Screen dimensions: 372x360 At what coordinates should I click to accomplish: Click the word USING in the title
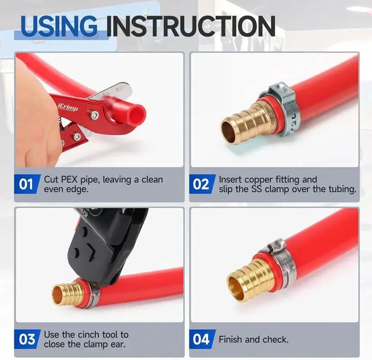[59, 26]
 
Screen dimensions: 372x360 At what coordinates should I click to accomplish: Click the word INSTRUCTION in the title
[191, 26]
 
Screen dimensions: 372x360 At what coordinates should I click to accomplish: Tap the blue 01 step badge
[27, 184]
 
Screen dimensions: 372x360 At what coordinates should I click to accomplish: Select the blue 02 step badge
[202, 184]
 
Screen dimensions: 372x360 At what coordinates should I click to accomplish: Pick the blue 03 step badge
[27, 339]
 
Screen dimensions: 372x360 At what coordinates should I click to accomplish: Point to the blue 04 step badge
[202, 339]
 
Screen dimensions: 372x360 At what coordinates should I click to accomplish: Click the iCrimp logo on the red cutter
[68, 107]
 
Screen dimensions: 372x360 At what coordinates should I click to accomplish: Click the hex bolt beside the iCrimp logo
[95, 115]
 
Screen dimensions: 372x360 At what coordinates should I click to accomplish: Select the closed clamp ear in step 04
[276, 246]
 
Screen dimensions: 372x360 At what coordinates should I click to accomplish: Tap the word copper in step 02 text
[259, 180]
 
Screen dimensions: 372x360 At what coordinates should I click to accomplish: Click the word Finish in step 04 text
[230, 339]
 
